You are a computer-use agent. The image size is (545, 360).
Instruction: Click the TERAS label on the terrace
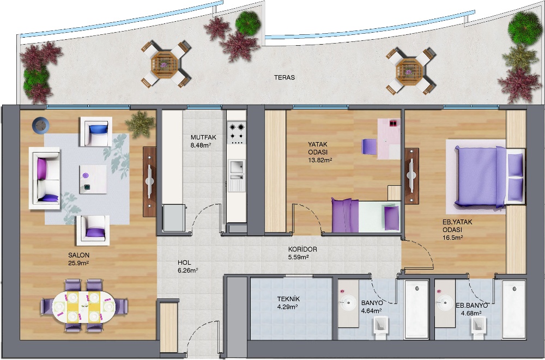pyautogui.click(x=284, y=77)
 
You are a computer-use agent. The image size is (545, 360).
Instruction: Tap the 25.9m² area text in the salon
pyautogui.click(x=78, y=263)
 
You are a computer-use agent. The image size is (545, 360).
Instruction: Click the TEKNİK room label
pyautogui.click(x=288, y=299)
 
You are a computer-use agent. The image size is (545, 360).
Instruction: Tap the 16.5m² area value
pyautogui.click(x=452, y=237)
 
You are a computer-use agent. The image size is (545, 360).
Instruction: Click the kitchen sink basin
pyautogui.click(x=237, y=166)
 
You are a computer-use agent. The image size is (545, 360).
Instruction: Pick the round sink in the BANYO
pyautogui.click(x=348, y=303)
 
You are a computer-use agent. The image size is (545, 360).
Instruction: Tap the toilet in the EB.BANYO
pyautogui.click(x=478, y=328)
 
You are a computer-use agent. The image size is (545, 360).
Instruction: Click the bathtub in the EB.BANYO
pyautogui.click(x=513, y=309)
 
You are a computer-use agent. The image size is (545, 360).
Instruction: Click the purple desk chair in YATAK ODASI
pyautogui.click(x=369, y=147)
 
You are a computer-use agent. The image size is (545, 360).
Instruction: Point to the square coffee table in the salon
pyautogui.click(x=93, y=179)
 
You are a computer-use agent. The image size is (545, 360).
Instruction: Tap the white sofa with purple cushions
pyautogui.click(x=45, y=178)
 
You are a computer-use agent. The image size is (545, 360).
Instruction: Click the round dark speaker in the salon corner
pyautogui.click(x=41, y=125)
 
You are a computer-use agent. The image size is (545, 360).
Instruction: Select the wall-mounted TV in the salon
pyautogui.click(x=150, y=181)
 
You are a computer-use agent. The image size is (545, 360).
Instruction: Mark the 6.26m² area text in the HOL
pyautogui.click(x=187, y=270)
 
